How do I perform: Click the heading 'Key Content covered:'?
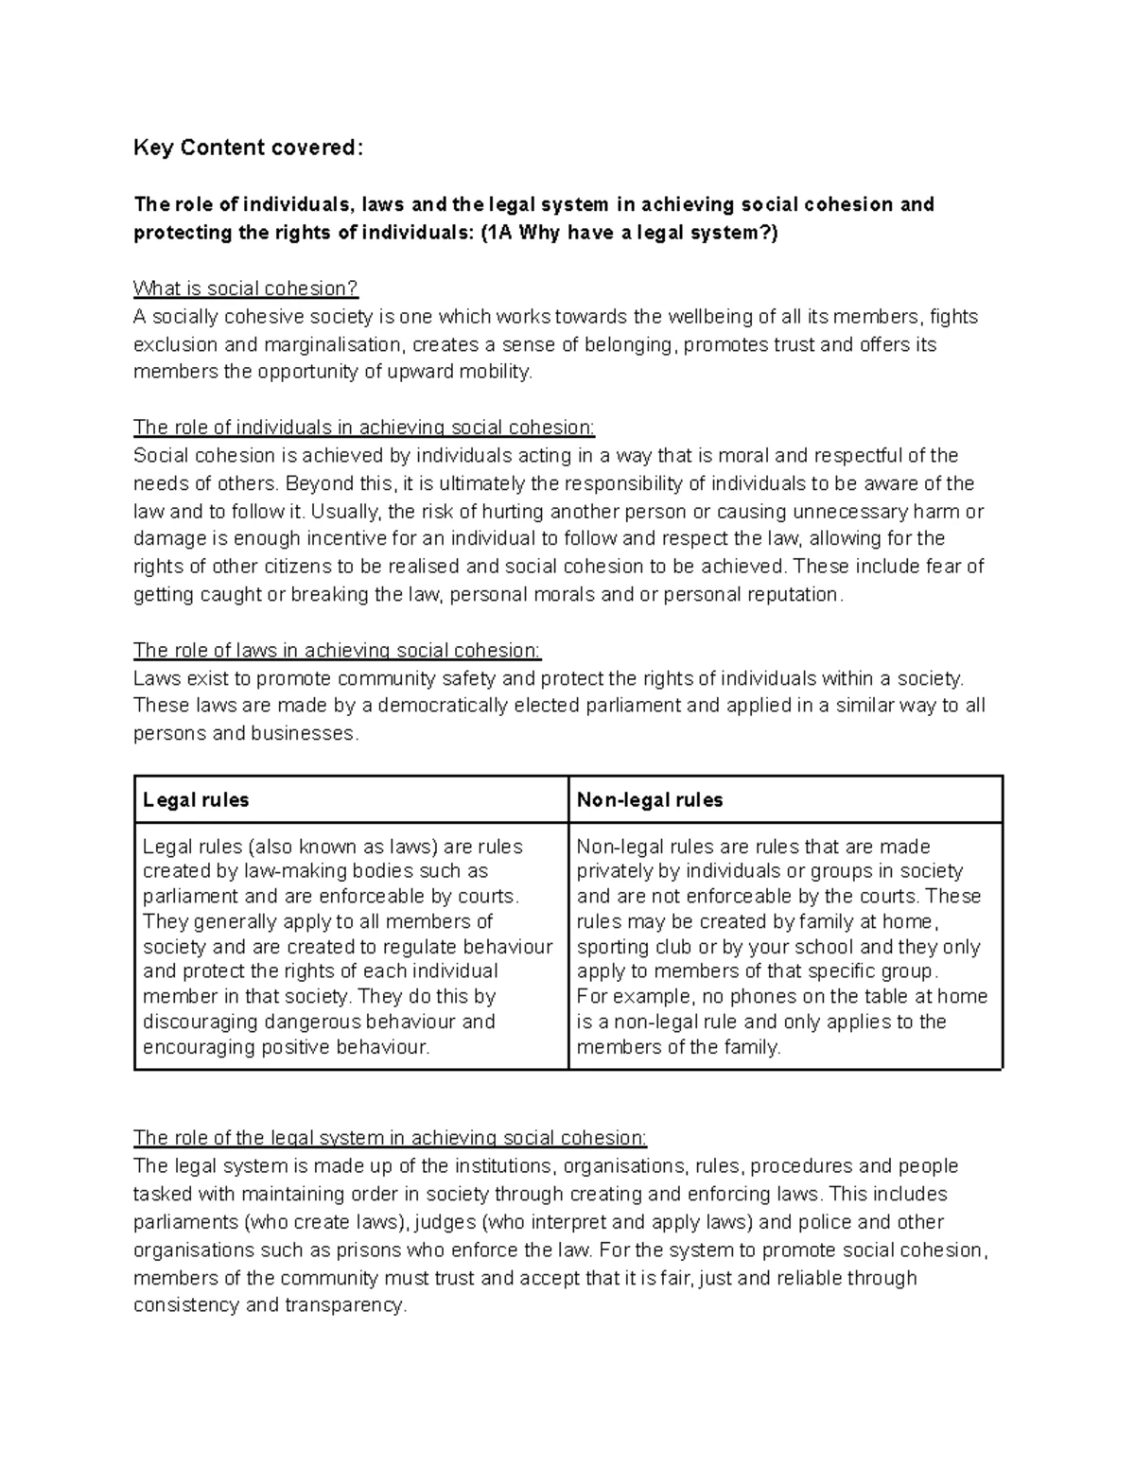[247, 148]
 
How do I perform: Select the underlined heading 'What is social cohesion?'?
[246, 289]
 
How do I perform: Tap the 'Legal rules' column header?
[196, 800]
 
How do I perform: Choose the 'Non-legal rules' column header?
[650, 800]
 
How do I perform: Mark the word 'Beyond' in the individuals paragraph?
[317, 483]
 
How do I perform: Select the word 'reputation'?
[793, 595]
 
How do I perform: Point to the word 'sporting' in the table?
[612, 947]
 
